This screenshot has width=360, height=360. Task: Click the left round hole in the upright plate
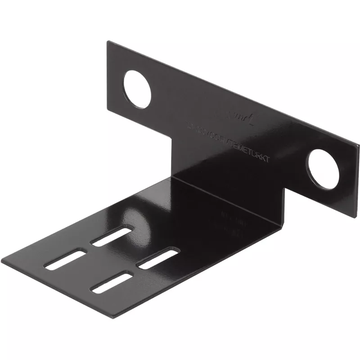[x=137, y=89]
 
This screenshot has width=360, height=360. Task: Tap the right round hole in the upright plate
[x=324, y=168]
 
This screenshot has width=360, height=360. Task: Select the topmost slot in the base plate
[x=112, y=236]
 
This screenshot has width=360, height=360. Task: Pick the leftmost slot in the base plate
[x=66, y=260]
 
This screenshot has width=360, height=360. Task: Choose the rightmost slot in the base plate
[x=158, y=259]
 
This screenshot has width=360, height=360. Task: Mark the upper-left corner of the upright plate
[x=108, y=41]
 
